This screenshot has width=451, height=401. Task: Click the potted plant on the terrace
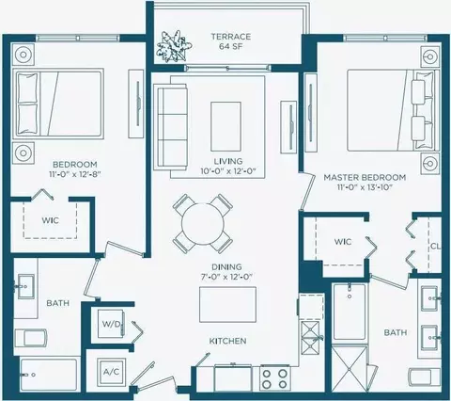pos(174,47)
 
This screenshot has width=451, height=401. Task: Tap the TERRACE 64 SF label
pos(231,41)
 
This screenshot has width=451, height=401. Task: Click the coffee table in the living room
pos(225,126)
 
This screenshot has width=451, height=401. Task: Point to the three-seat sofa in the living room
pos(170,127)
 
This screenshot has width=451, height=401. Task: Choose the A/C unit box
pos(112,372)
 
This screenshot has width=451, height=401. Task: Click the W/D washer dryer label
pos(111,325)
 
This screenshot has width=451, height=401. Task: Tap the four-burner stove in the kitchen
pos(275,378)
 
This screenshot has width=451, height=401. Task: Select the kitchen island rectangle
pos(227,304)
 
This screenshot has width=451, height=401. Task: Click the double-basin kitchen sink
pos(310,337)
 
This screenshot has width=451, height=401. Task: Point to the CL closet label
pos(436,247)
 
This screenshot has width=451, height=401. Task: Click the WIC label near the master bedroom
pos(343,242)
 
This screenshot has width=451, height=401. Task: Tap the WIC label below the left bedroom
pos(50,220)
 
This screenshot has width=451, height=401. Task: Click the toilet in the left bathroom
pos(31,338)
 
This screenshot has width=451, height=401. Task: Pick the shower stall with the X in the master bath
pos(350,369)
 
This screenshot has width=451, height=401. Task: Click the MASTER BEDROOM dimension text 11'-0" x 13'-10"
pos(365,187)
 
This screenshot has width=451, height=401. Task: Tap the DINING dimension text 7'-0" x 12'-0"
pos(227,277)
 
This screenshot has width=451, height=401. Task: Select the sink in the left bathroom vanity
pos(25,286)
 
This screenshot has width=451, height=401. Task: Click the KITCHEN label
pos(227,341)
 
